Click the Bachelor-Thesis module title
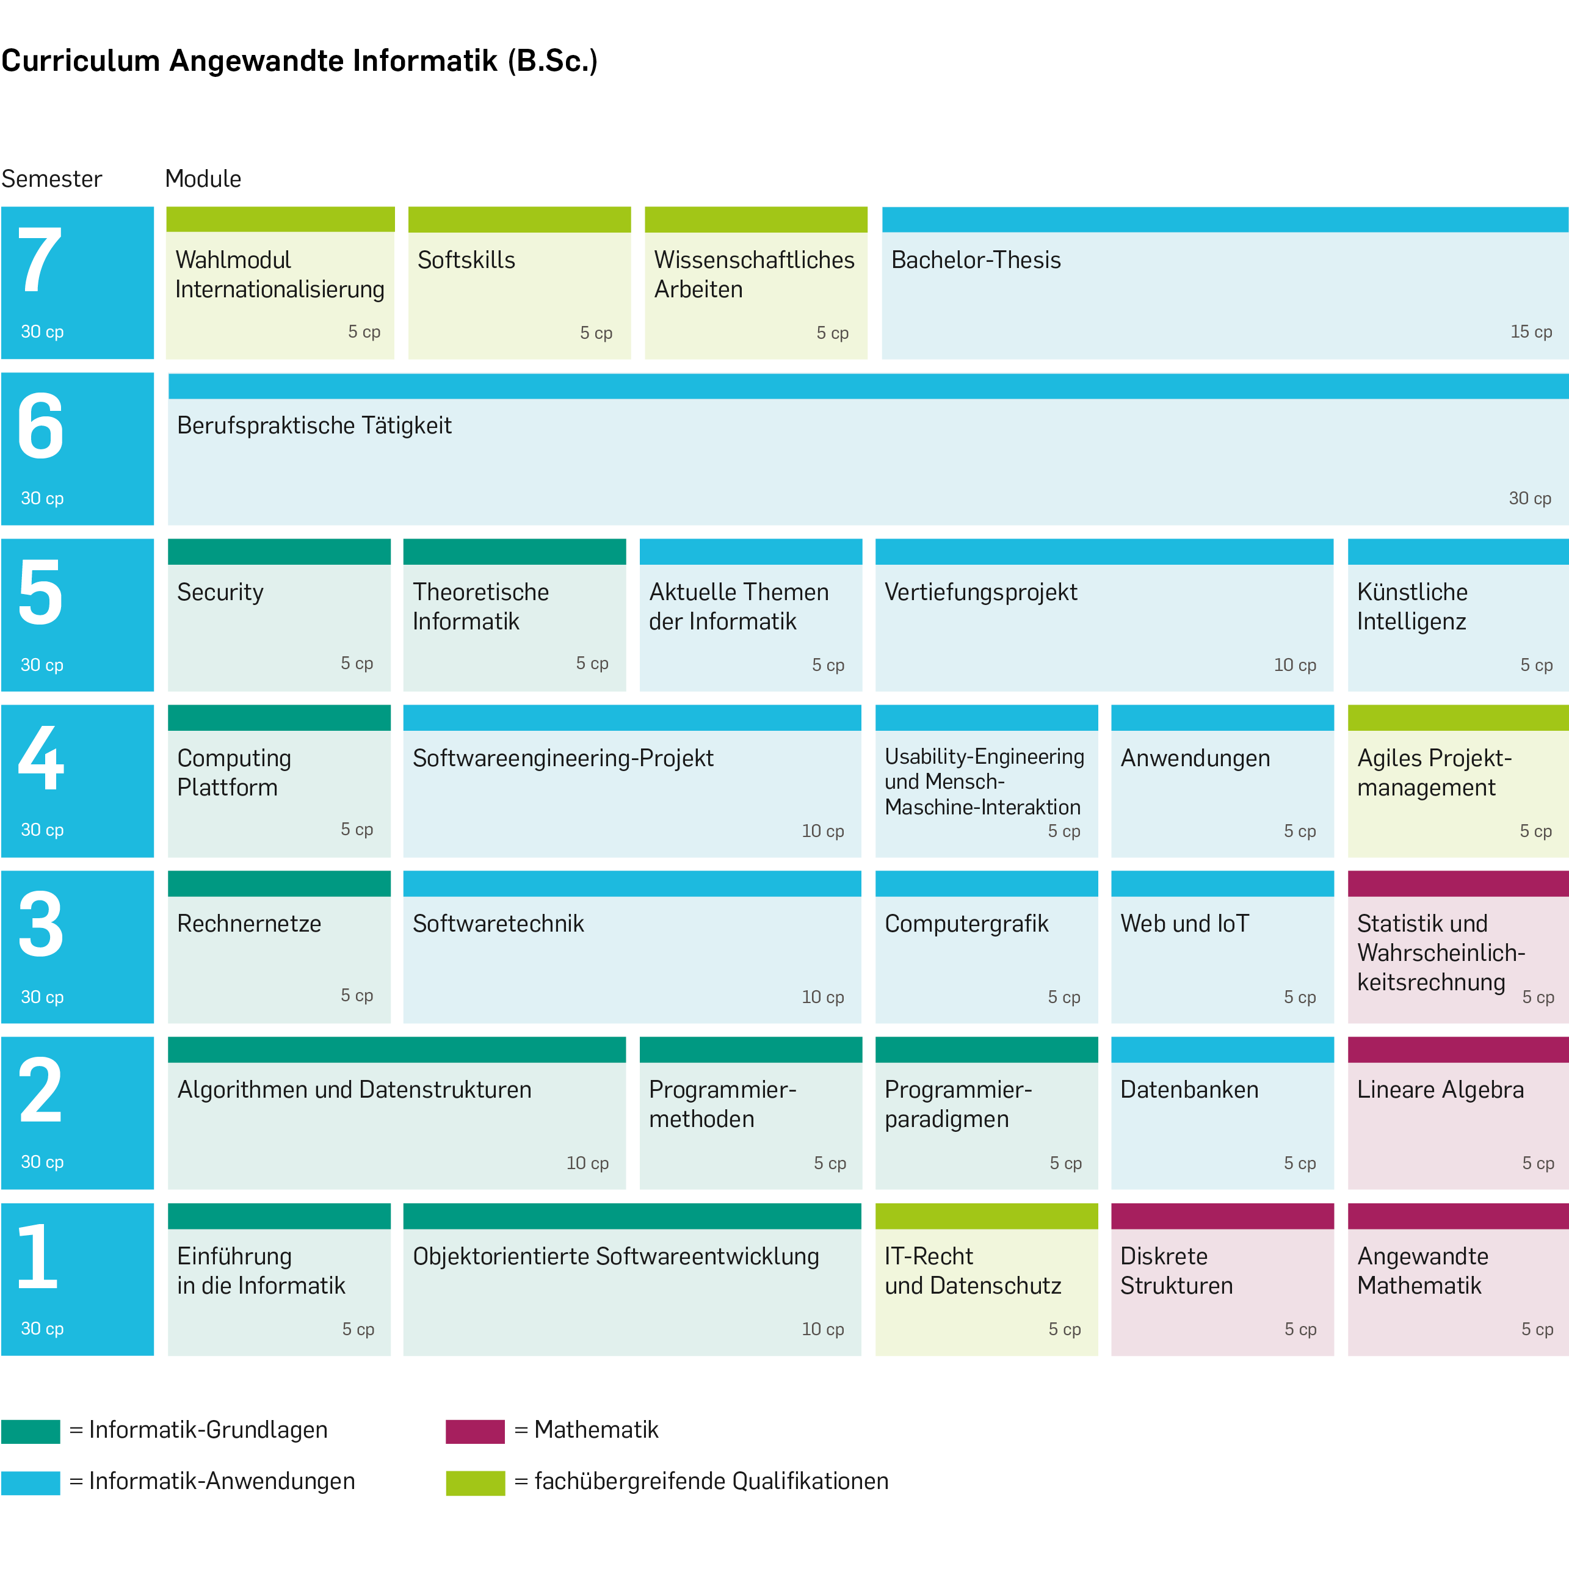coord(976,260)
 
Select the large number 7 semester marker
coord(39,260)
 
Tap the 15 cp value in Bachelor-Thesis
coord(1530,332)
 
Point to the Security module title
coord(220,592)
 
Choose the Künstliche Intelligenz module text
coord(1411,607)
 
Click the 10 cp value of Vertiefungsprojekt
coord(1294,665)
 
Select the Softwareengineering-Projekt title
coord(562,758)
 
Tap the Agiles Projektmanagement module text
coord(1433,772)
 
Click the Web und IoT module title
coord(1184,923)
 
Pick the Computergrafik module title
coord(966,923)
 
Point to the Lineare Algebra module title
coord(1439,1090)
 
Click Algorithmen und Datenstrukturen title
coord(354,1090)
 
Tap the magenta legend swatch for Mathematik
coord(475,1431)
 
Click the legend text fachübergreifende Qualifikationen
coord(711,1481)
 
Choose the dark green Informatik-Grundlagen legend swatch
coord(31,1431)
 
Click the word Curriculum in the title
coord(81,61)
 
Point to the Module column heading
coord(203,179)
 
